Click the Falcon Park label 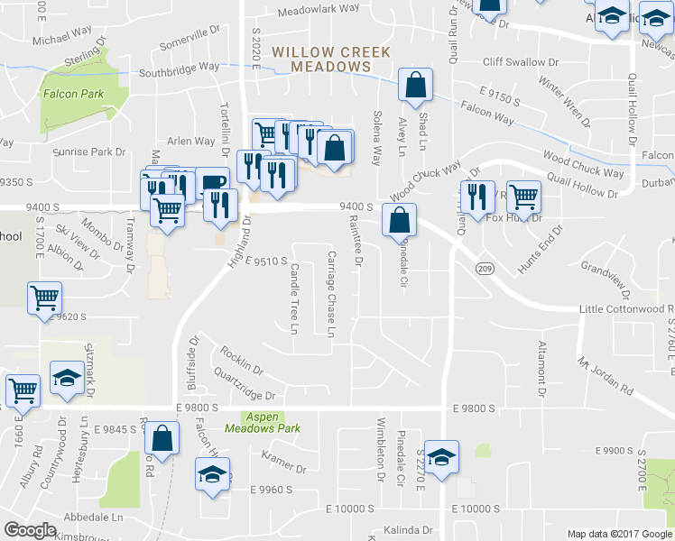(x=72, y=94)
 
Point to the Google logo (x=31, y=530)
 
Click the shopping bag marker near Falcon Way (x=415, y=87)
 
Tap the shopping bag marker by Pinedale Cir (x=398, y=219)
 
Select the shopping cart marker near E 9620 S (x=45, y=298)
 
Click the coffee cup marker (x=213, y=183)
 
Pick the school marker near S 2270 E (x=441, y=457)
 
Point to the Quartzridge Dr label (x=244, y=385)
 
